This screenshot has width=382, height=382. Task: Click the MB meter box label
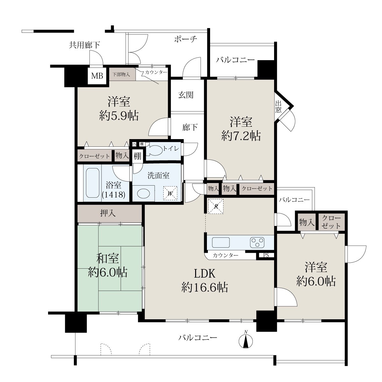coord(97,76)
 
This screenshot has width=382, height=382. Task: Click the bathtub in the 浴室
coord(93,183)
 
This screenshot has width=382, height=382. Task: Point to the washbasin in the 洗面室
coord(144,193)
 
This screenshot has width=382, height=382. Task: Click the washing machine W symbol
coord(170,193)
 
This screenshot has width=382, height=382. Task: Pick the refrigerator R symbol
coord(216,206)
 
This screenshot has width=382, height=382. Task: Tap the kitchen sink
coord(221,242)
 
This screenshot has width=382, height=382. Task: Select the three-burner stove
coord(257,242)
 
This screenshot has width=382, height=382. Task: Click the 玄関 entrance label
coord(186,95)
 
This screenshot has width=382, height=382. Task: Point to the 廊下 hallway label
coord(190,127)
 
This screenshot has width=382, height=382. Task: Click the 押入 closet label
coord(108,213)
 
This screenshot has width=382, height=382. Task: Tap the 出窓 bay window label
coord(278,107)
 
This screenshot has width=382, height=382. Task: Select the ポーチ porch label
coord(186,39)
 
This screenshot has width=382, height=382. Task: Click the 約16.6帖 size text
coord(205,287)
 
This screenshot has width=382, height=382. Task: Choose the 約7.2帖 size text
coord(241,136)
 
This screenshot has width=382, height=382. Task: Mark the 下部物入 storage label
coord(121,74)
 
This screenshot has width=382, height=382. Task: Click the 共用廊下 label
coord(84,45)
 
